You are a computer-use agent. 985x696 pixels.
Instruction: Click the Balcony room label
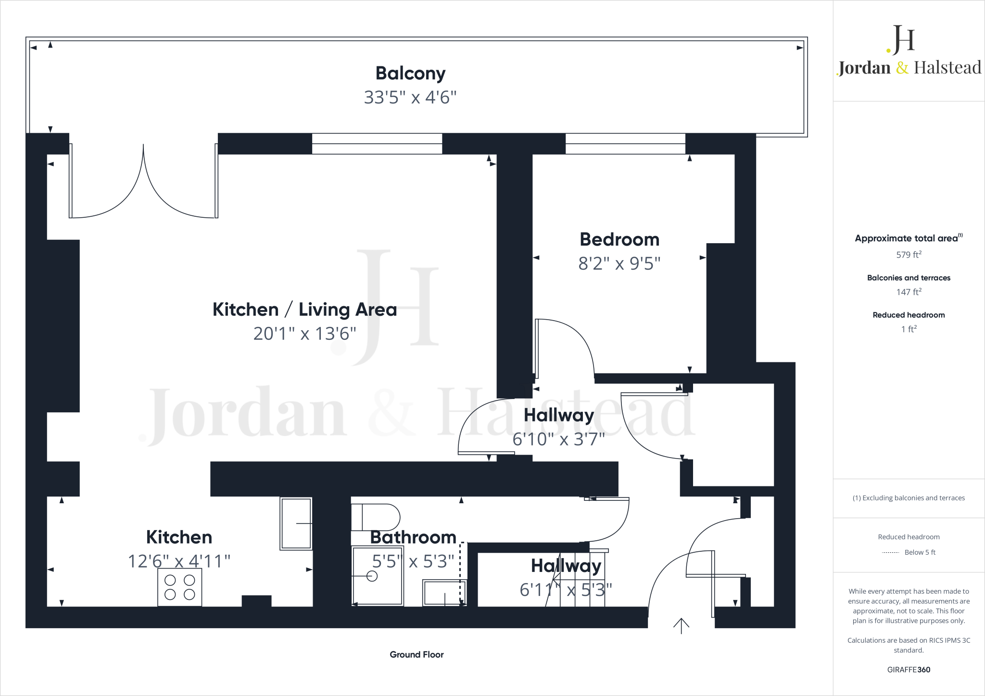[x=410, y=74]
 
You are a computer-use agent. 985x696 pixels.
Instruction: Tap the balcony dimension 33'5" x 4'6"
[x=410, y=98]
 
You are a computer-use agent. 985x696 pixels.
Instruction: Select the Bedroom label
[x=619, y=239]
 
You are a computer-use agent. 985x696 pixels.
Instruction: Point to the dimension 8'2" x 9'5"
[x=619, y=263]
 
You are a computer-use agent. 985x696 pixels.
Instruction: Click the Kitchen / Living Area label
[x=304, y=310]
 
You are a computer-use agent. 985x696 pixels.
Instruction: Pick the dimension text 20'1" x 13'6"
[x=304, y=334]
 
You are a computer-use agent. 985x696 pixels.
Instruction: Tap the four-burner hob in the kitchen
[x=179, y=587]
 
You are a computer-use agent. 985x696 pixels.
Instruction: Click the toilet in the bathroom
[x=375, y=517]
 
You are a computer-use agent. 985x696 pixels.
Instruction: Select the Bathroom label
[x=413, y=537]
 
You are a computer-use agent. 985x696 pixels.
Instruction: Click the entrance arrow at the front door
[x=681, y=625]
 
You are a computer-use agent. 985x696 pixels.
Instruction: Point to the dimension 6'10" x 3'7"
[x=558, y=439]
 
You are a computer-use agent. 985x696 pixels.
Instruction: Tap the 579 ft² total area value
[x=909, y=255]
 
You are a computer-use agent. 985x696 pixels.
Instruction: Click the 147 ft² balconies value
[x=909, y=292]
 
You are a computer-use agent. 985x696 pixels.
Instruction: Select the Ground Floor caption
[x=417, y=655]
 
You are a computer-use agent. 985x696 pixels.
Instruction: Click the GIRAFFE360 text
[x=909, y=670]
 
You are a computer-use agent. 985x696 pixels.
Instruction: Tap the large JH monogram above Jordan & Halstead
[x=901, y=39]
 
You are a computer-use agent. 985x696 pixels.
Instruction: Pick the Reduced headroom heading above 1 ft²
[x=909, y=315]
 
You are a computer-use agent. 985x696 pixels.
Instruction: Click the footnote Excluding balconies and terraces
[x=909, y=498]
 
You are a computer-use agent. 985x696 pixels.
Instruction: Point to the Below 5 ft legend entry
[x=919, y=552]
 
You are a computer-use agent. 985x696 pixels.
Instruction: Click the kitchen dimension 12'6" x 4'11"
[x=179, y=561]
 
